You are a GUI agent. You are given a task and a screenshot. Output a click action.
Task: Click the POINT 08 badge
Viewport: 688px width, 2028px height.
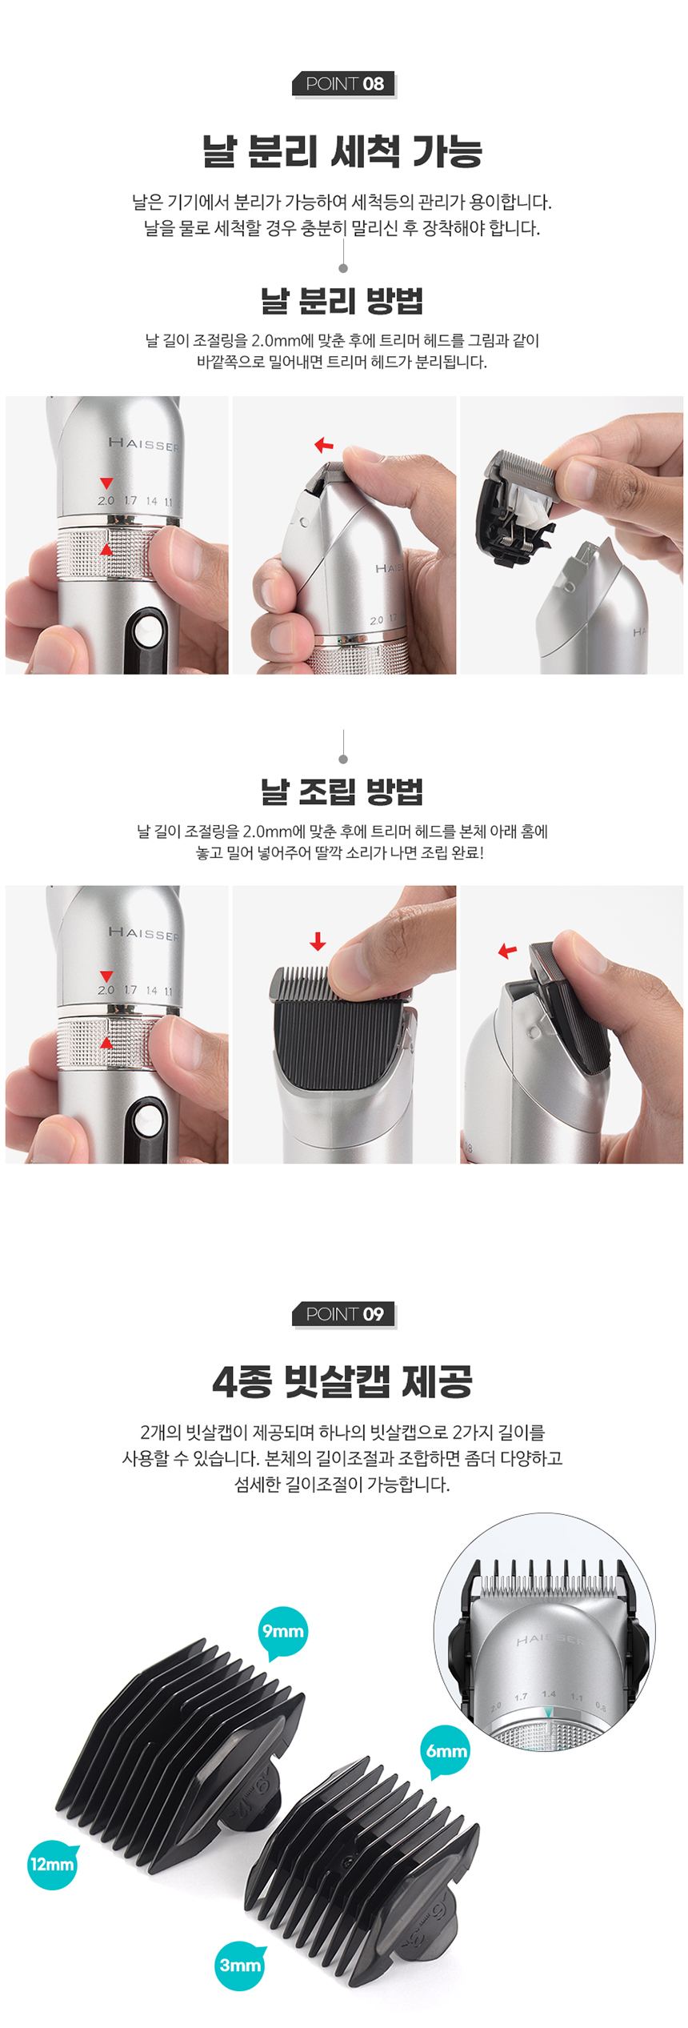click(x=344, y=84)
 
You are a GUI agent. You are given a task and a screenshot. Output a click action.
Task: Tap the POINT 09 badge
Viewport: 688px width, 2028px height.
click(x=344, y=1314)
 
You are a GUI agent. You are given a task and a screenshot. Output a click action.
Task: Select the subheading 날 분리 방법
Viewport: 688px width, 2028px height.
click(x=342, y=301)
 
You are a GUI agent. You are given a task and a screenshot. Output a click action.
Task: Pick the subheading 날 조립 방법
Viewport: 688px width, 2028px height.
click(x=342, y=792)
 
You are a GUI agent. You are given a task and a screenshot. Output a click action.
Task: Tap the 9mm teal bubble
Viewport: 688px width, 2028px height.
click(x=283, y=1630)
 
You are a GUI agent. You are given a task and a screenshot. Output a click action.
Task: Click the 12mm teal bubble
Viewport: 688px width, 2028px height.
click(x=52, y=1864)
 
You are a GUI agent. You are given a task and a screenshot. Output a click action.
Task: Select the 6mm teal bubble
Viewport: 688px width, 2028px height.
click(x=446, y=1751)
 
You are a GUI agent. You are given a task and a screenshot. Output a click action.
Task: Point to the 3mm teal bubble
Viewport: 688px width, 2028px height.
click(x=240, y=1965)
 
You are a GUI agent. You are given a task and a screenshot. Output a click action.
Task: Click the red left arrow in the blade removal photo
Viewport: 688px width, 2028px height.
click(x=324, y=445)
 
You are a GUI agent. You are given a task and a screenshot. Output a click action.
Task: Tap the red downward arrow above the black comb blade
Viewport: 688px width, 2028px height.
click(x=318, y=941)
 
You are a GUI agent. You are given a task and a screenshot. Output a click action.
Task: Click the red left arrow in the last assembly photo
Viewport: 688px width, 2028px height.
click(x=507, y=951)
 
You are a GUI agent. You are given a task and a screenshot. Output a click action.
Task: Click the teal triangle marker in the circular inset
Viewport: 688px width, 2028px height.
click(x=548, y=1712)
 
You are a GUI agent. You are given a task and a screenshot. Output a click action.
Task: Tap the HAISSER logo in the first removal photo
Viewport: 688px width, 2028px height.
click(x=144, y=443)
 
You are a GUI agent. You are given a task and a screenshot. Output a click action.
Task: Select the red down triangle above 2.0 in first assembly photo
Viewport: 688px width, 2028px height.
click(x=106, y=976)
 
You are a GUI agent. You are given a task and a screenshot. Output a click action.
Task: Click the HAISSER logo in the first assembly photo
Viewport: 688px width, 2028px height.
click(x=144, y=932)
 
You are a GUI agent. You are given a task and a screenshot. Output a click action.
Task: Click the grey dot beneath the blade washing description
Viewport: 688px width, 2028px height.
click(x=343, y=268)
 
